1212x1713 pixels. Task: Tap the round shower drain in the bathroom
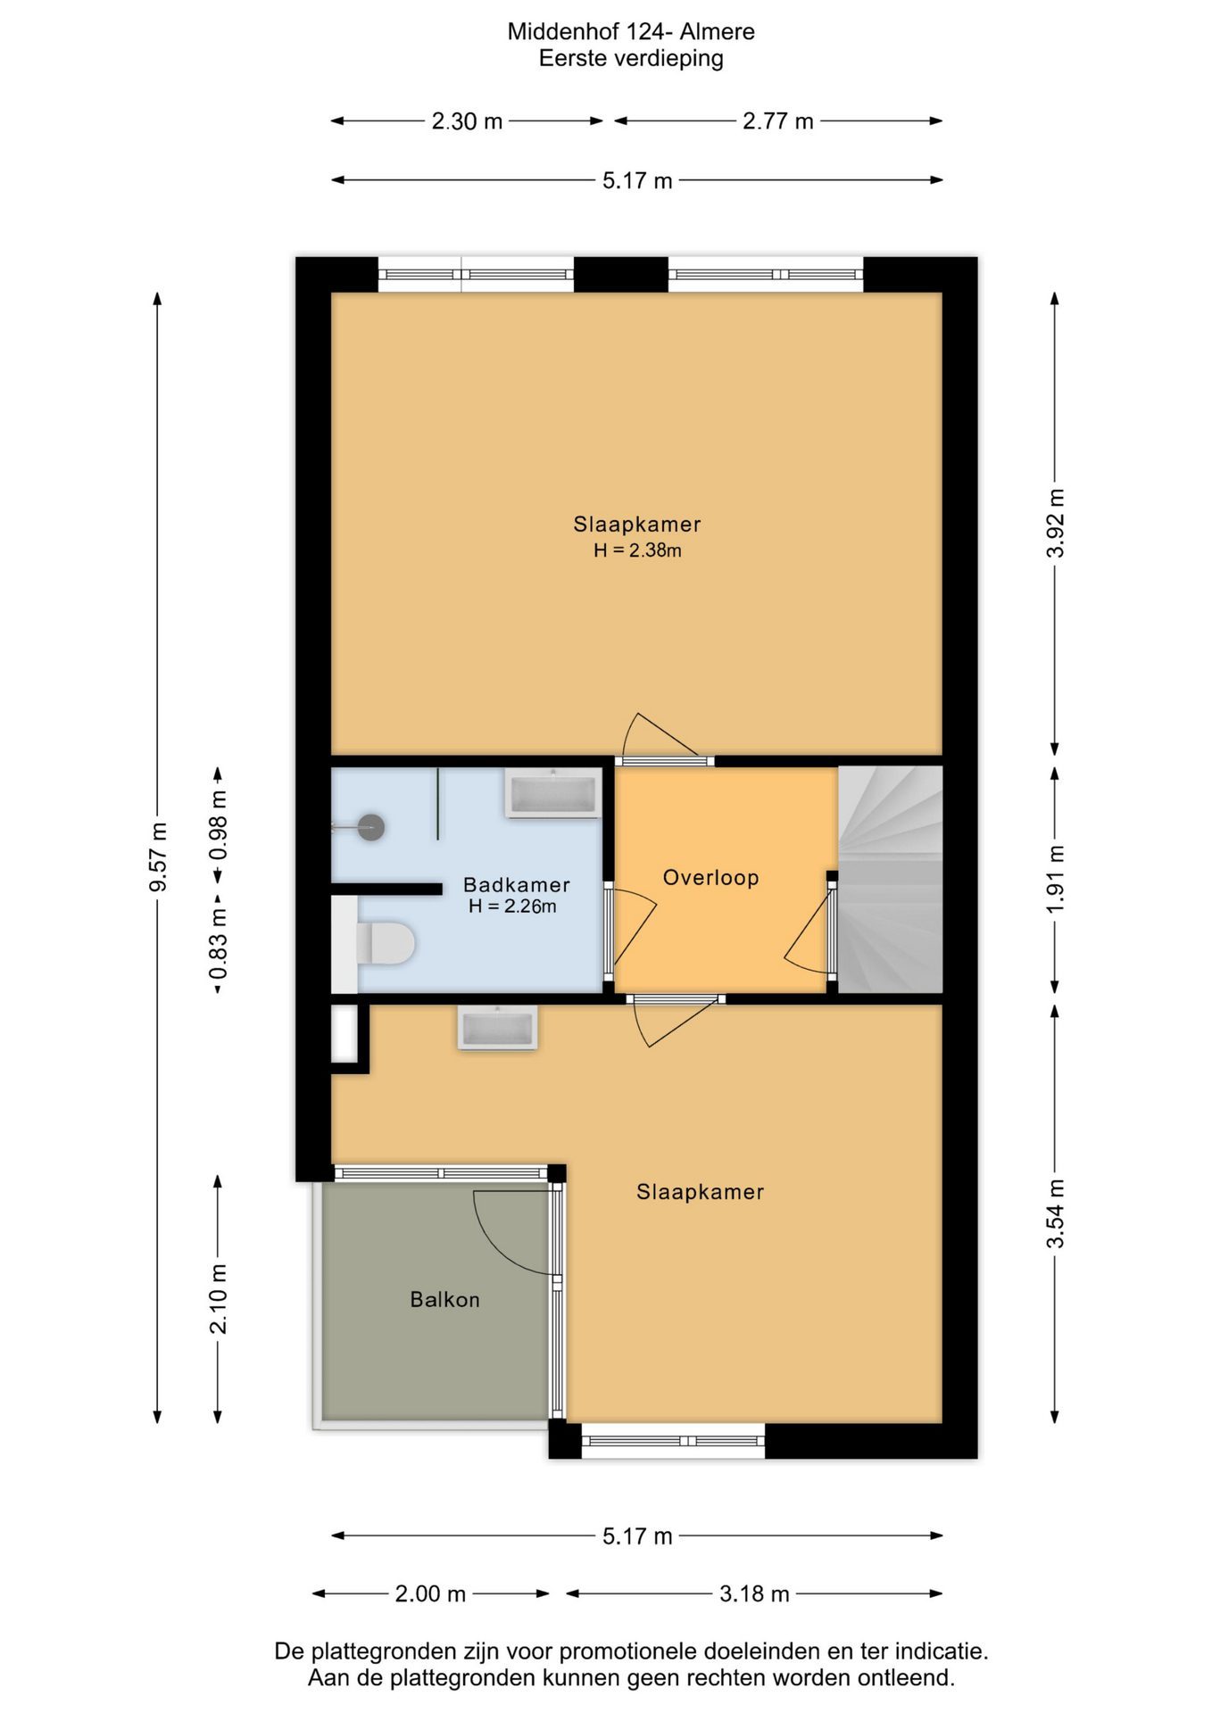371,827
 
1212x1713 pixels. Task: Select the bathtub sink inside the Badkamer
552,792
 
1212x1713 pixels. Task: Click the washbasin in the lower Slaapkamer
497,1027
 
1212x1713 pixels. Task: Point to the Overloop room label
710,878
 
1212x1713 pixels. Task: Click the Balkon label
444,1300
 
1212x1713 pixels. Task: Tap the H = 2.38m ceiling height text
637,550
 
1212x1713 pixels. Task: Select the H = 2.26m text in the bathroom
512,906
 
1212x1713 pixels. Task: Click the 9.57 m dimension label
158,857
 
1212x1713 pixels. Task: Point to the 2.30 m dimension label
467,121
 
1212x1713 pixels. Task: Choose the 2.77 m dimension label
778,121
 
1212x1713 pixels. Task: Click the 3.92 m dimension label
1055,523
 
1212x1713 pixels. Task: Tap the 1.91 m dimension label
1055,879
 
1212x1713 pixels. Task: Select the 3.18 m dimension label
754,1593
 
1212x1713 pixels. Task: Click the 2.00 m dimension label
430,1593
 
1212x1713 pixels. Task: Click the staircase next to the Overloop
890,879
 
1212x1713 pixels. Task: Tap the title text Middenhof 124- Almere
631,31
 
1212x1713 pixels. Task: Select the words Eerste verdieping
631,59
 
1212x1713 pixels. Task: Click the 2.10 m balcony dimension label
218,1299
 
